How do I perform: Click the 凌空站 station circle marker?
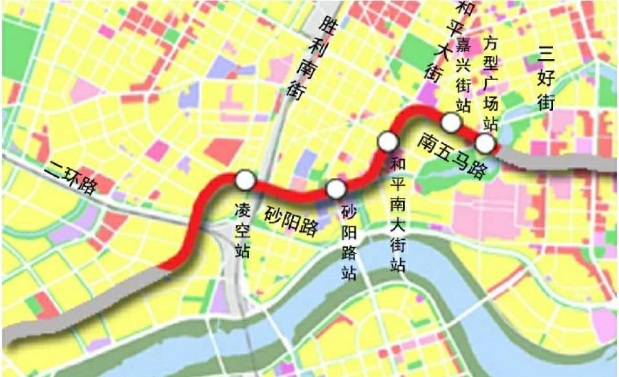tap(245, 179)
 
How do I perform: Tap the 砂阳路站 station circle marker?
tap(336, 189)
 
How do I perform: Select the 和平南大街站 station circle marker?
tap(387, 140)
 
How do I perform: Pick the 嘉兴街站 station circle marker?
tap(451, 122)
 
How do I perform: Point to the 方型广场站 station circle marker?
tap(485, 143)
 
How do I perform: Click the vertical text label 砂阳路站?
tap(349, 244)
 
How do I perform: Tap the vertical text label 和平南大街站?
tap(398, 215)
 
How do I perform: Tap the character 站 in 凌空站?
tap(243, 248)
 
